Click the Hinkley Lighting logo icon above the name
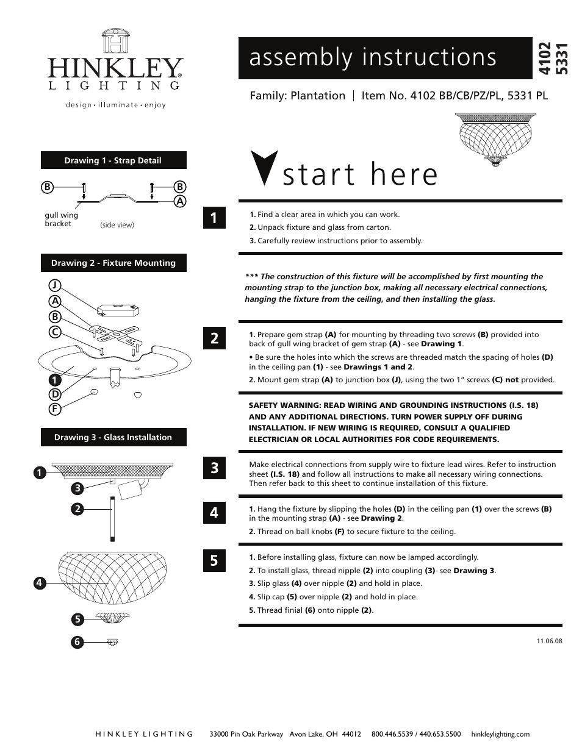pyautogui.click(x=115, y=41)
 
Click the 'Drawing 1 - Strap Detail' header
pyautogui.click(x=113, y=161)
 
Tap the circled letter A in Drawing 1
pyautogui.click(x=180, y=201)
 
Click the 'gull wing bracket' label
pyautogui.click(x=61, y=219)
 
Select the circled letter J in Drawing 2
pyautogui.click(x=55, y=285)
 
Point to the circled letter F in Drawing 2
pyautogui.click(x=55, y=409)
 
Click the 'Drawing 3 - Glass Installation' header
pyautogui.click(x=113, y=437)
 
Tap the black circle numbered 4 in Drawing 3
pyautogui.click(x=40, y=583)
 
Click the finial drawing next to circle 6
pyautogui.click(x=112, y=641)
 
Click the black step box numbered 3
pyautogui.click(x=214, y=468)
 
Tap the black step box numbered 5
pyautogui.click(x=214, y=560)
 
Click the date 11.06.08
pyautogui.click(x=549, y=641)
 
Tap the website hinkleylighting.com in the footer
pyautogui.click(x=500, y=734)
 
